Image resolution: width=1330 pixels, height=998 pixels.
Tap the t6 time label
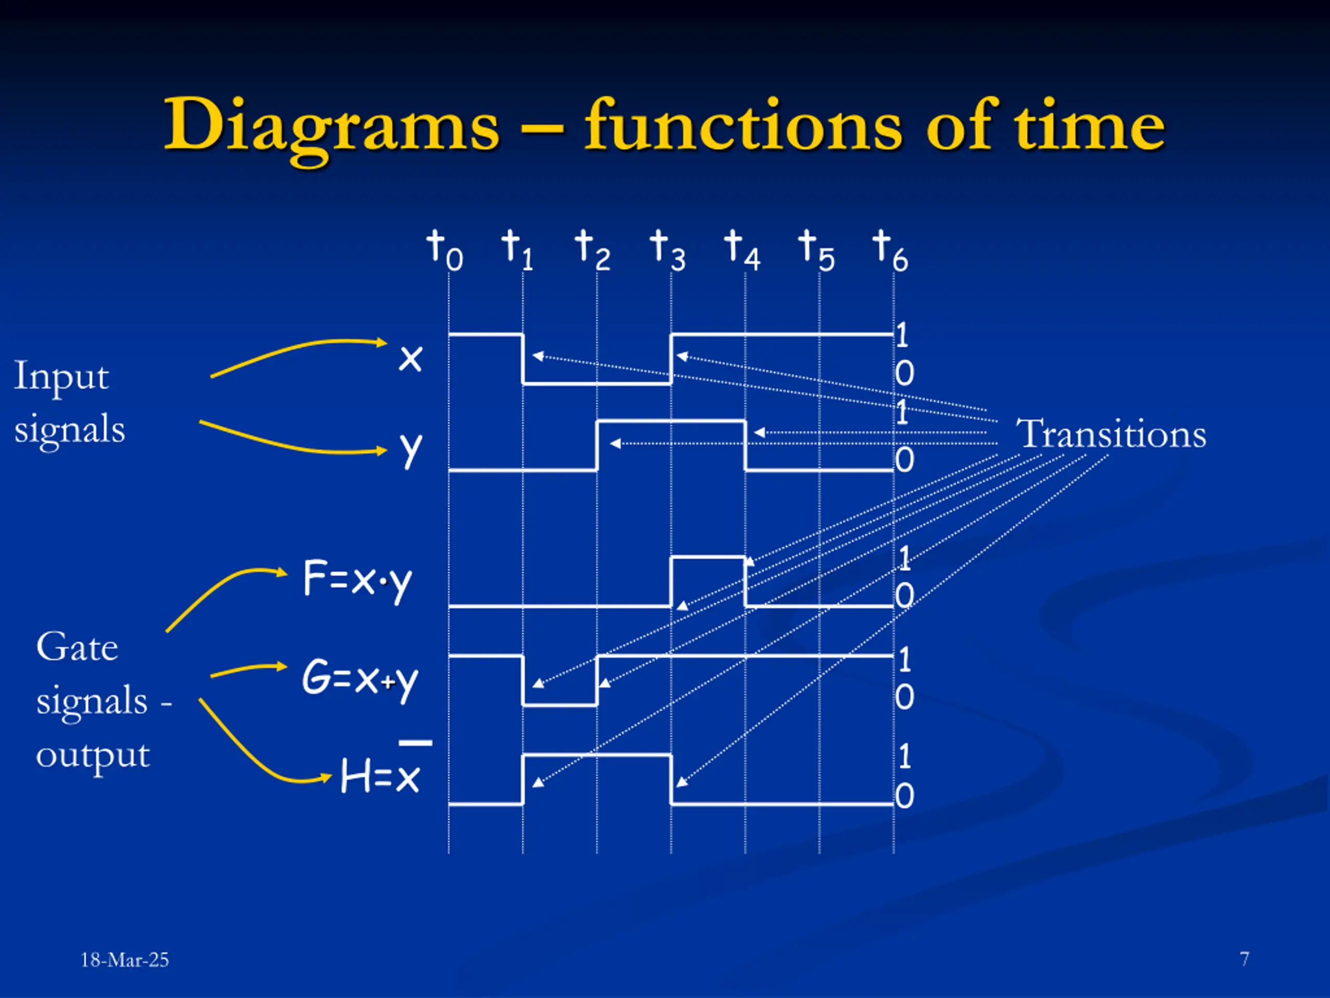889,249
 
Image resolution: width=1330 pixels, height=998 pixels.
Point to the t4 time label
741,249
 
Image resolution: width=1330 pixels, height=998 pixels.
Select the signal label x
410,359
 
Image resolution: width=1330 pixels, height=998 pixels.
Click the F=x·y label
357,580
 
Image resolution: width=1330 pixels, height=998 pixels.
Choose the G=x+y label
360,678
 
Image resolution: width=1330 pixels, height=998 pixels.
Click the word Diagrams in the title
331,126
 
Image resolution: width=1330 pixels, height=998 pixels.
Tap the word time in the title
1089,126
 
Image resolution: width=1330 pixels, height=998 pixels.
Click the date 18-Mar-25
125,960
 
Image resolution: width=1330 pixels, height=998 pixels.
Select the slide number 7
1244,958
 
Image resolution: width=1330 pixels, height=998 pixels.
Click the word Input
61,377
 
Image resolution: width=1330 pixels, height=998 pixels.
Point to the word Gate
77,648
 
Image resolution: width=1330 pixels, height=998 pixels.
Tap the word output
92,756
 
